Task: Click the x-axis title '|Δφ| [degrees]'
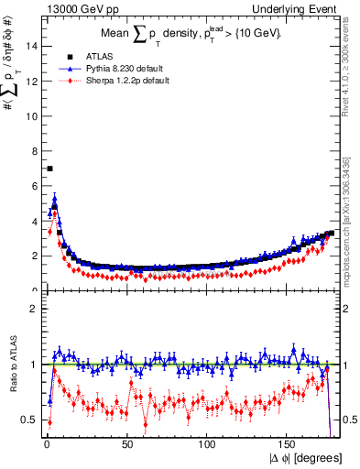point(304,457)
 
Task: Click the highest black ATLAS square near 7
point(50,169)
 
